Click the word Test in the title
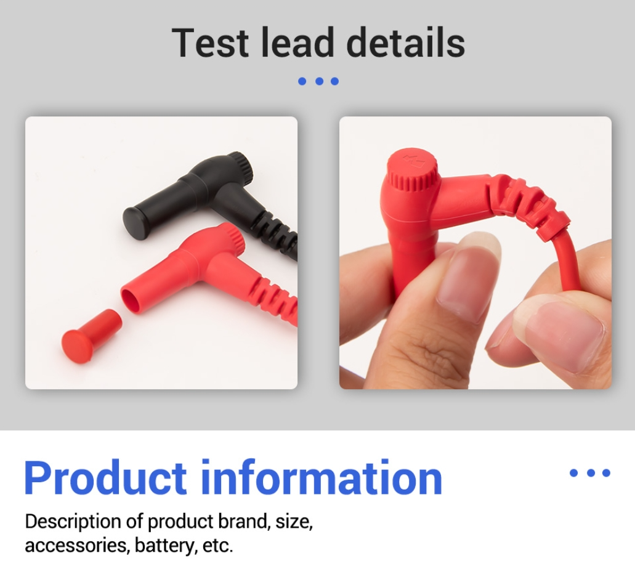[x=210, y=42]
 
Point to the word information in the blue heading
[x=322, y=478]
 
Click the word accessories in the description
[x=78, y=546]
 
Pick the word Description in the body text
[x=73, y=522]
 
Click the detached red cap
[x=91, y=336]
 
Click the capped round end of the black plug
[x=134, y=223]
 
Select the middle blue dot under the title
[x=319, y=81]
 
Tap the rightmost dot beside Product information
[x=606, y=473]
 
